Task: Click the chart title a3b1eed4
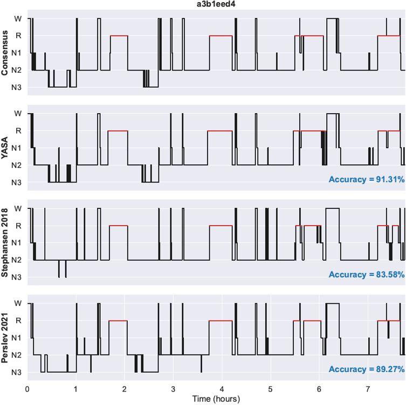point(216,4)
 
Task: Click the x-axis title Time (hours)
point(216,399)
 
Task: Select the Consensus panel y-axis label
point(5,52)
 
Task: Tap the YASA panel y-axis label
point(5,148)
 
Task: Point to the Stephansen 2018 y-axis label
point(5,242)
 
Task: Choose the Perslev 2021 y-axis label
point(5,337)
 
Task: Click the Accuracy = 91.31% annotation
point(366,179)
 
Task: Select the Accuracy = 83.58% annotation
point(366,275)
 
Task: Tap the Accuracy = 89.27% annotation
point(366,369)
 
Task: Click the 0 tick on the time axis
point(27,388)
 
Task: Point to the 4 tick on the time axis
point(222,388)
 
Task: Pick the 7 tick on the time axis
point(368,388)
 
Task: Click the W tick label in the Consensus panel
point(18,18)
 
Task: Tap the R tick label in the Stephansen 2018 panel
point(18,226)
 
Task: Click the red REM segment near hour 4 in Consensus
point(221,36)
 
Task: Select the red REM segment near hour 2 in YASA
point(118,131)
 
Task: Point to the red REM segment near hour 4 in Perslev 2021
point(221,321)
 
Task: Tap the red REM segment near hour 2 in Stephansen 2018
point(119,226)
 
